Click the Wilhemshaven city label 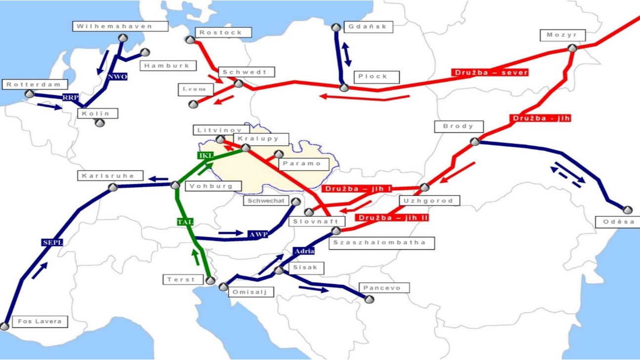(x=115, y=26)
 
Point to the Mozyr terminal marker (x=572, y=48)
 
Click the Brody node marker (x=475, y=142)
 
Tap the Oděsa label (x=618, y=222)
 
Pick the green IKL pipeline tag (x=205, y=156)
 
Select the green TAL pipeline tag (x=185, y=222)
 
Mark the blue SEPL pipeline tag (x=52, y=242)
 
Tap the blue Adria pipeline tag (x=303, y=251)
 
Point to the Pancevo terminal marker (x=369, y=299)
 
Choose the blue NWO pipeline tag (x=117, y=77)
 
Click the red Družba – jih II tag (x=393, y=218)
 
